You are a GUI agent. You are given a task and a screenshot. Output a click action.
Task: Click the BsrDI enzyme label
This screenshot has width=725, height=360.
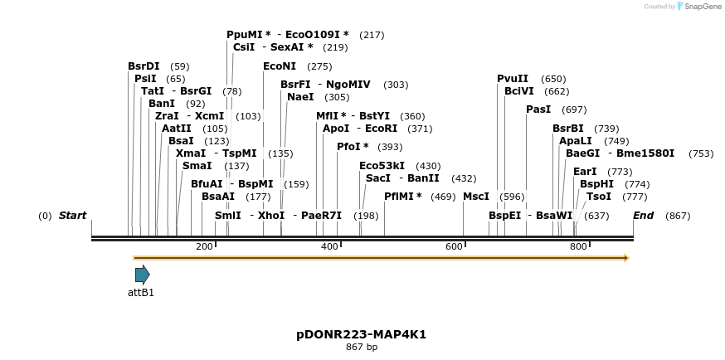click(x=144, y=66)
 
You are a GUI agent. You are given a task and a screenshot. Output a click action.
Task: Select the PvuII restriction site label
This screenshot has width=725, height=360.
click(x=513, y=78)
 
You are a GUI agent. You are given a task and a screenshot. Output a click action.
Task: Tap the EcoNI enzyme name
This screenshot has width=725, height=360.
click(x=280, y=66)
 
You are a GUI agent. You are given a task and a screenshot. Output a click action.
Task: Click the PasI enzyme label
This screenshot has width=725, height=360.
click(x=538, y=109)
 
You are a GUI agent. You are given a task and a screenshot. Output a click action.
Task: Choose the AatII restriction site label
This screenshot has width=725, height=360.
click(x=177, y=129)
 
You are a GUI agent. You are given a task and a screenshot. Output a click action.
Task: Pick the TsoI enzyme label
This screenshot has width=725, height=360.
click(x=599, y=197)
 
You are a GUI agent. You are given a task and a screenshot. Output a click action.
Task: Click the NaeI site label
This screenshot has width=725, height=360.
click(x=300, y=97)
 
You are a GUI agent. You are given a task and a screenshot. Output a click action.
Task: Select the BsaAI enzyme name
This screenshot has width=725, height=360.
click(x=218, y=197)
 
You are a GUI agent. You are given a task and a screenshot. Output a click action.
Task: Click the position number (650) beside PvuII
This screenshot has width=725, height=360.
click(x=553, y=79)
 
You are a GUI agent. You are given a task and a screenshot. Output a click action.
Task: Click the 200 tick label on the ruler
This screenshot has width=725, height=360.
click(x=204, y=246)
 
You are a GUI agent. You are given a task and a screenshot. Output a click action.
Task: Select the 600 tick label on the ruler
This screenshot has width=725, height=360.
click(x=454, y=246)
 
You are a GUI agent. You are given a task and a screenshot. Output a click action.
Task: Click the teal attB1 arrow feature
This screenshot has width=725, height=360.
click(x=142, y=275)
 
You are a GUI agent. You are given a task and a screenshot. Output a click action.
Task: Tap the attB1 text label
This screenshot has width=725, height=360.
click(x=141, y=293)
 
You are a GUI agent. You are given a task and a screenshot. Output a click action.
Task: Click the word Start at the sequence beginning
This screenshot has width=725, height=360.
click(x=72, y=216)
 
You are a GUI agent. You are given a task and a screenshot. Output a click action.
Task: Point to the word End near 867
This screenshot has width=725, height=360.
click(x=644, y=216)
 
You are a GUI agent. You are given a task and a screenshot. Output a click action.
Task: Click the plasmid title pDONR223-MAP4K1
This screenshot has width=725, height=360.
click(x=362, y=334)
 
